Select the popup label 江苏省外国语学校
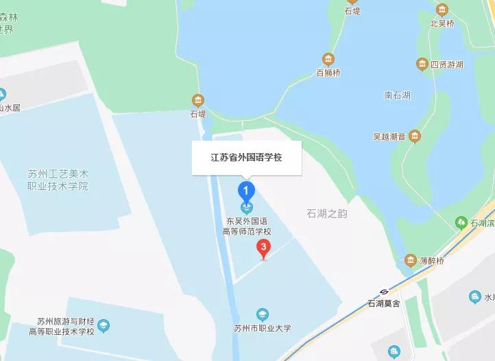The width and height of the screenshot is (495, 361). [x=246, y=157]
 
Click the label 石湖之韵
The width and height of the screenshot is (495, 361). [x=327, y=213]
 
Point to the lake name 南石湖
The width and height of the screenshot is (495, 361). [x=397, y=95]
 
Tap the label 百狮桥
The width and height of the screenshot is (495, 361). [x=328, y=72]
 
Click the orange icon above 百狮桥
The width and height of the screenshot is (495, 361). [x=328, y=59]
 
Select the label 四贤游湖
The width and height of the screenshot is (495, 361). [x=446, y=65]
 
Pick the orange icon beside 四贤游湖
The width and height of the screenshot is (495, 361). [x=422, y=65]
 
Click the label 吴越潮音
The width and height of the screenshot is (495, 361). [x=388, y=137]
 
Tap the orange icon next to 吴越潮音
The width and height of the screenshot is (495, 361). [x=414, y=137]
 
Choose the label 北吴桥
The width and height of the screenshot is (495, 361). [x=442, y=23]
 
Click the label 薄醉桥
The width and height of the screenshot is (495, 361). [x=431, y=261]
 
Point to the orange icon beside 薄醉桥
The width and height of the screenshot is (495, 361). [x=410, y=260]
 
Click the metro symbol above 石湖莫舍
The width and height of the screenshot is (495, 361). [x=384, y=291]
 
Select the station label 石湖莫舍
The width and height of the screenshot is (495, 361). [x=384, y=303]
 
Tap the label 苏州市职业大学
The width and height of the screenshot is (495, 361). [x=262, y=328]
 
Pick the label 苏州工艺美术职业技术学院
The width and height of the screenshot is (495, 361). [x=58, y=180]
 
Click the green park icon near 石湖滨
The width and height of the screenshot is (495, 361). [x=461, y=222]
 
